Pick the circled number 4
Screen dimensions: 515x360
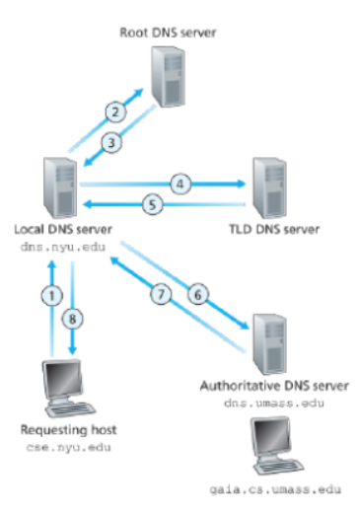coord(180,184)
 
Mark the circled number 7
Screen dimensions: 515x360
coord(155,293)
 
